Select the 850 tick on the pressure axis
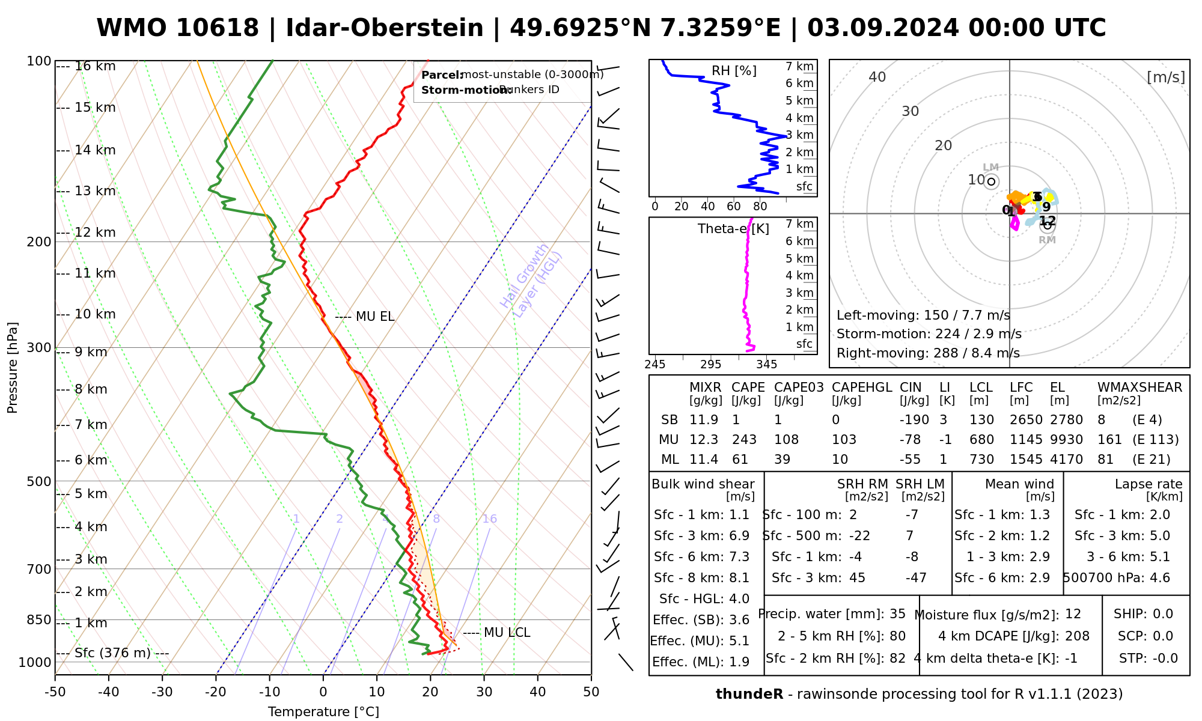(x=40, y=619)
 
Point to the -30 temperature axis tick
(x=162, y=692)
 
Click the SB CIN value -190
(x=914, y=420)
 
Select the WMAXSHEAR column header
(x=1139, y=388)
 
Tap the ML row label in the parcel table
(x=670, y=460)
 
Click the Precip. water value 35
(x=897, y=614)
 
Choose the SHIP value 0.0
(x=1163, y=614)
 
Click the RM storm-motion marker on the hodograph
(x=1048, y=225)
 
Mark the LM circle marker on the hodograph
(x=991, y=181)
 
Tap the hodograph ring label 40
(x=877, y=77)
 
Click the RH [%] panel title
(x=734, y=71)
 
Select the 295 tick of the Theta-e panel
(x=710, y=364)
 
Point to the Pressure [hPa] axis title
(x=13, y=368)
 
